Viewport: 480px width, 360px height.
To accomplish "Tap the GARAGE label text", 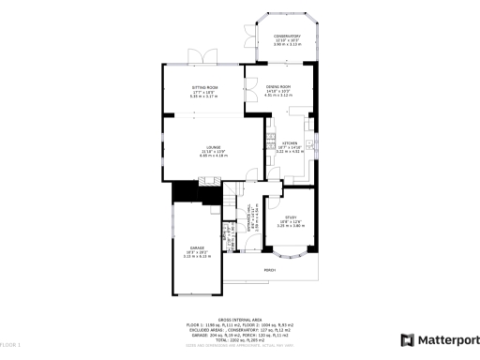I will click(x=198, y=247).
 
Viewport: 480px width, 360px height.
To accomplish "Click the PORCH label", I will click(x=269, y=270).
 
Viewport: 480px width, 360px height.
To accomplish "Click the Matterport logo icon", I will click(x=407, y=340).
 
